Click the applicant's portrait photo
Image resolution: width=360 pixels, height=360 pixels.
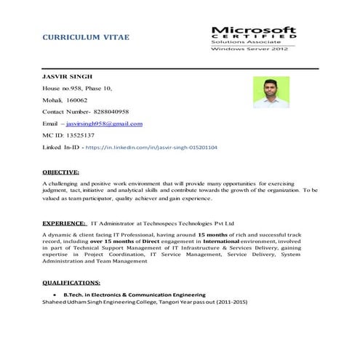271,93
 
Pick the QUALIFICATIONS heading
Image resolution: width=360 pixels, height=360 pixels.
71,281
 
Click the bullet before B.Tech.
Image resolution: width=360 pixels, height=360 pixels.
47,294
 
